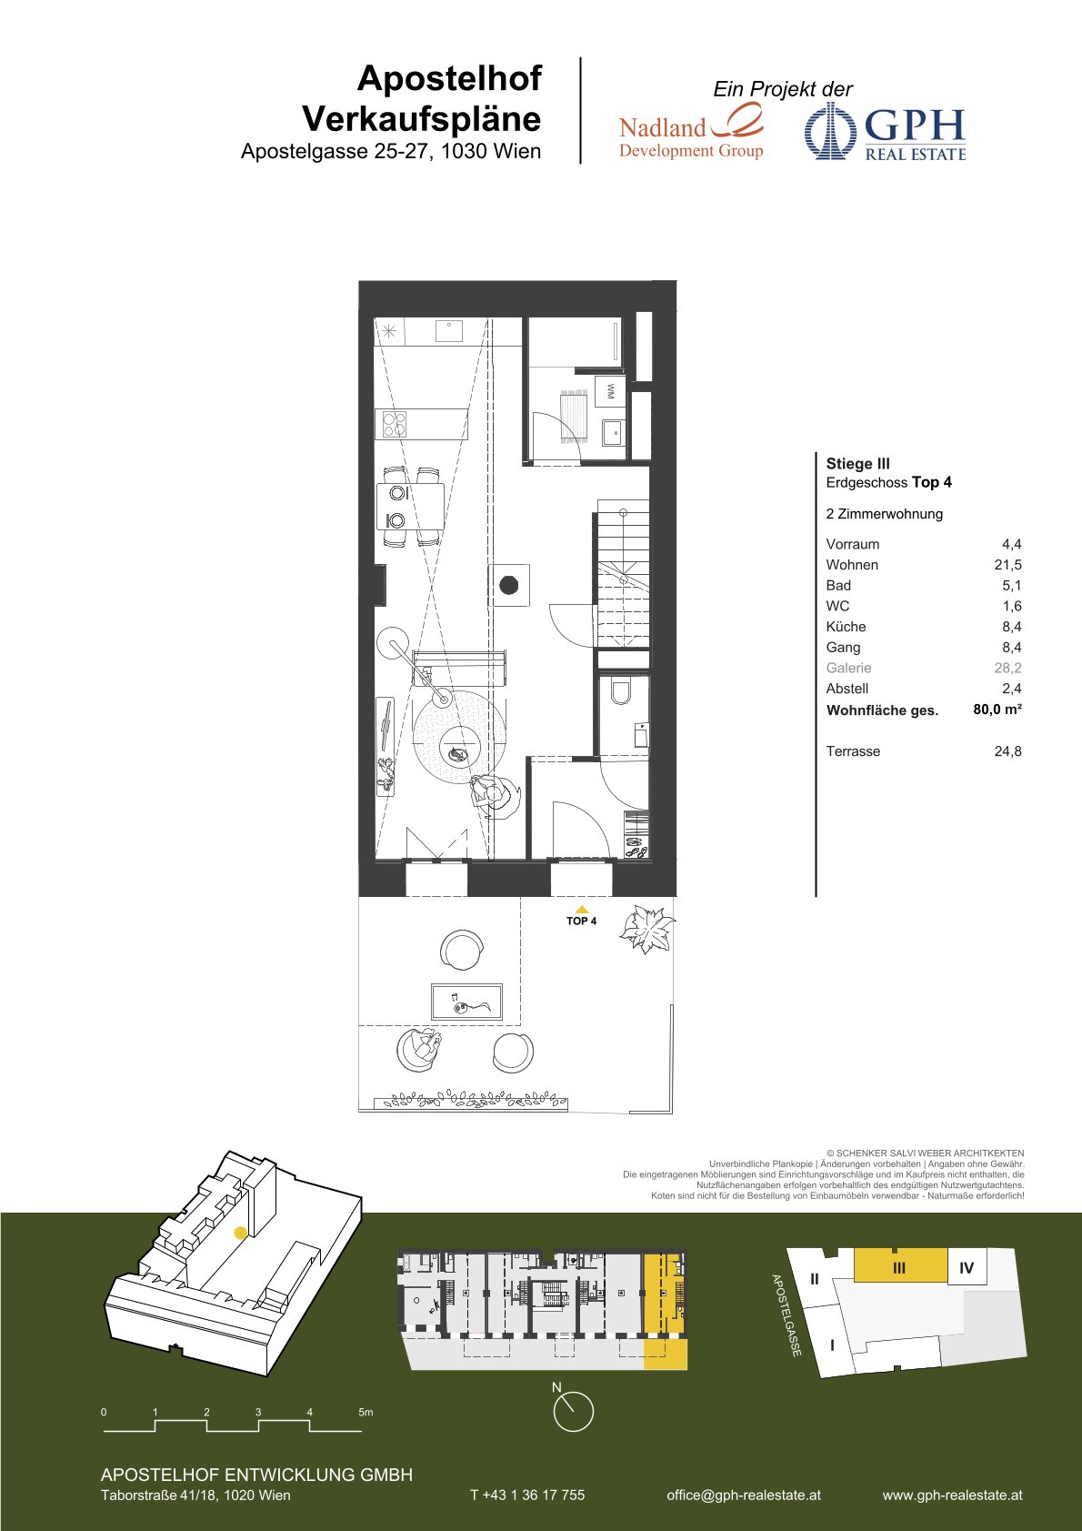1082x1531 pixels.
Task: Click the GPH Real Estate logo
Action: [886, 132]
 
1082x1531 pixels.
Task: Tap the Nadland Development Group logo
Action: [691, 131]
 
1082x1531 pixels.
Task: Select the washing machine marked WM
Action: [609, 392]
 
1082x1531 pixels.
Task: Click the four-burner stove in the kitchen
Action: [394, 424]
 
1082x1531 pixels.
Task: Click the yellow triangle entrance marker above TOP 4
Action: [581, 909]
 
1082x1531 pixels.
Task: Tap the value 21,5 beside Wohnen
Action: [1007, 565]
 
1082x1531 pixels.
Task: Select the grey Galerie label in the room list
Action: [848, 668]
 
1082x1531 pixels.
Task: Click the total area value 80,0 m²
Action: [997, 710]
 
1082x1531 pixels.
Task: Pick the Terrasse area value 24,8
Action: [1007, 751]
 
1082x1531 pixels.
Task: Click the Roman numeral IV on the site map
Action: [966, 1268]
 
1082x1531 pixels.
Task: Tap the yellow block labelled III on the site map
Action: [900, 1265]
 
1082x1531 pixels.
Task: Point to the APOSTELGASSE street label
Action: [786, 1315]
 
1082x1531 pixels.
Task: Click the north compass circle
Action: [573, 1412]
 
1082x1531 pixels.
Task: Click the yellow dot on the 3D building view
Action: [240, 1233]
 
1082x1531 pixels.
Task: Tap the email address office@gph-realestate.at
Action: [743, 1495]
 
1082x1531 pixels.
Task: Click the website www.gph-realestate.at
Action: [952, 1495]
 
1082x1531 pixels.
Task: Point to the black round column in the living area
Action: [508, 585]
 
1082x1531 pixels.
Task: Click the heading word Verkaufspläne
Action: [422, 119]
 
